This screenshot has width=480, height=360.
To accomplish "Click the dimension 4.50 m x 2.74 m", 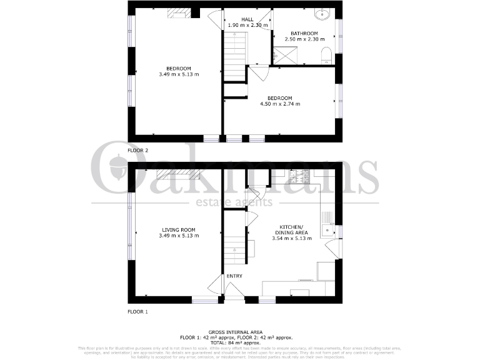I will click(x=280, y=104).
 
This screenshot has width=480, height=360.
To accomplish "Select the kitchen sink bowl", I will click(x=326, y=231).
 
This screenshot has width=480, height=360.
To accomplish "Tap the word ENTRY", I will click(x=234, y=276).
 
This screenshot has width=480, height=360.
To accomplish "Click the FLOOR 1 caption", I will click(x=137, y=311).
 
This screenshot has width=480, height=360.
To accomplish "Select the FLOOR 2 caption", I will click(x=137, y=151).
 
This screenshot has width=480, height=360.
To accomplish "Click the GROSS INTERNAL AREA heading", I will click(x=239, y=332).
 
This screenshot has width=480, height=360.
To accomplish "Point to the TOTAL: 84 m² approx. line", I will click(x=239, y=342).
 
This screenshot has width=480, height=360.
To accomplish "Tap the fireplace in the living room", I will click(x=177, y=177).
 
